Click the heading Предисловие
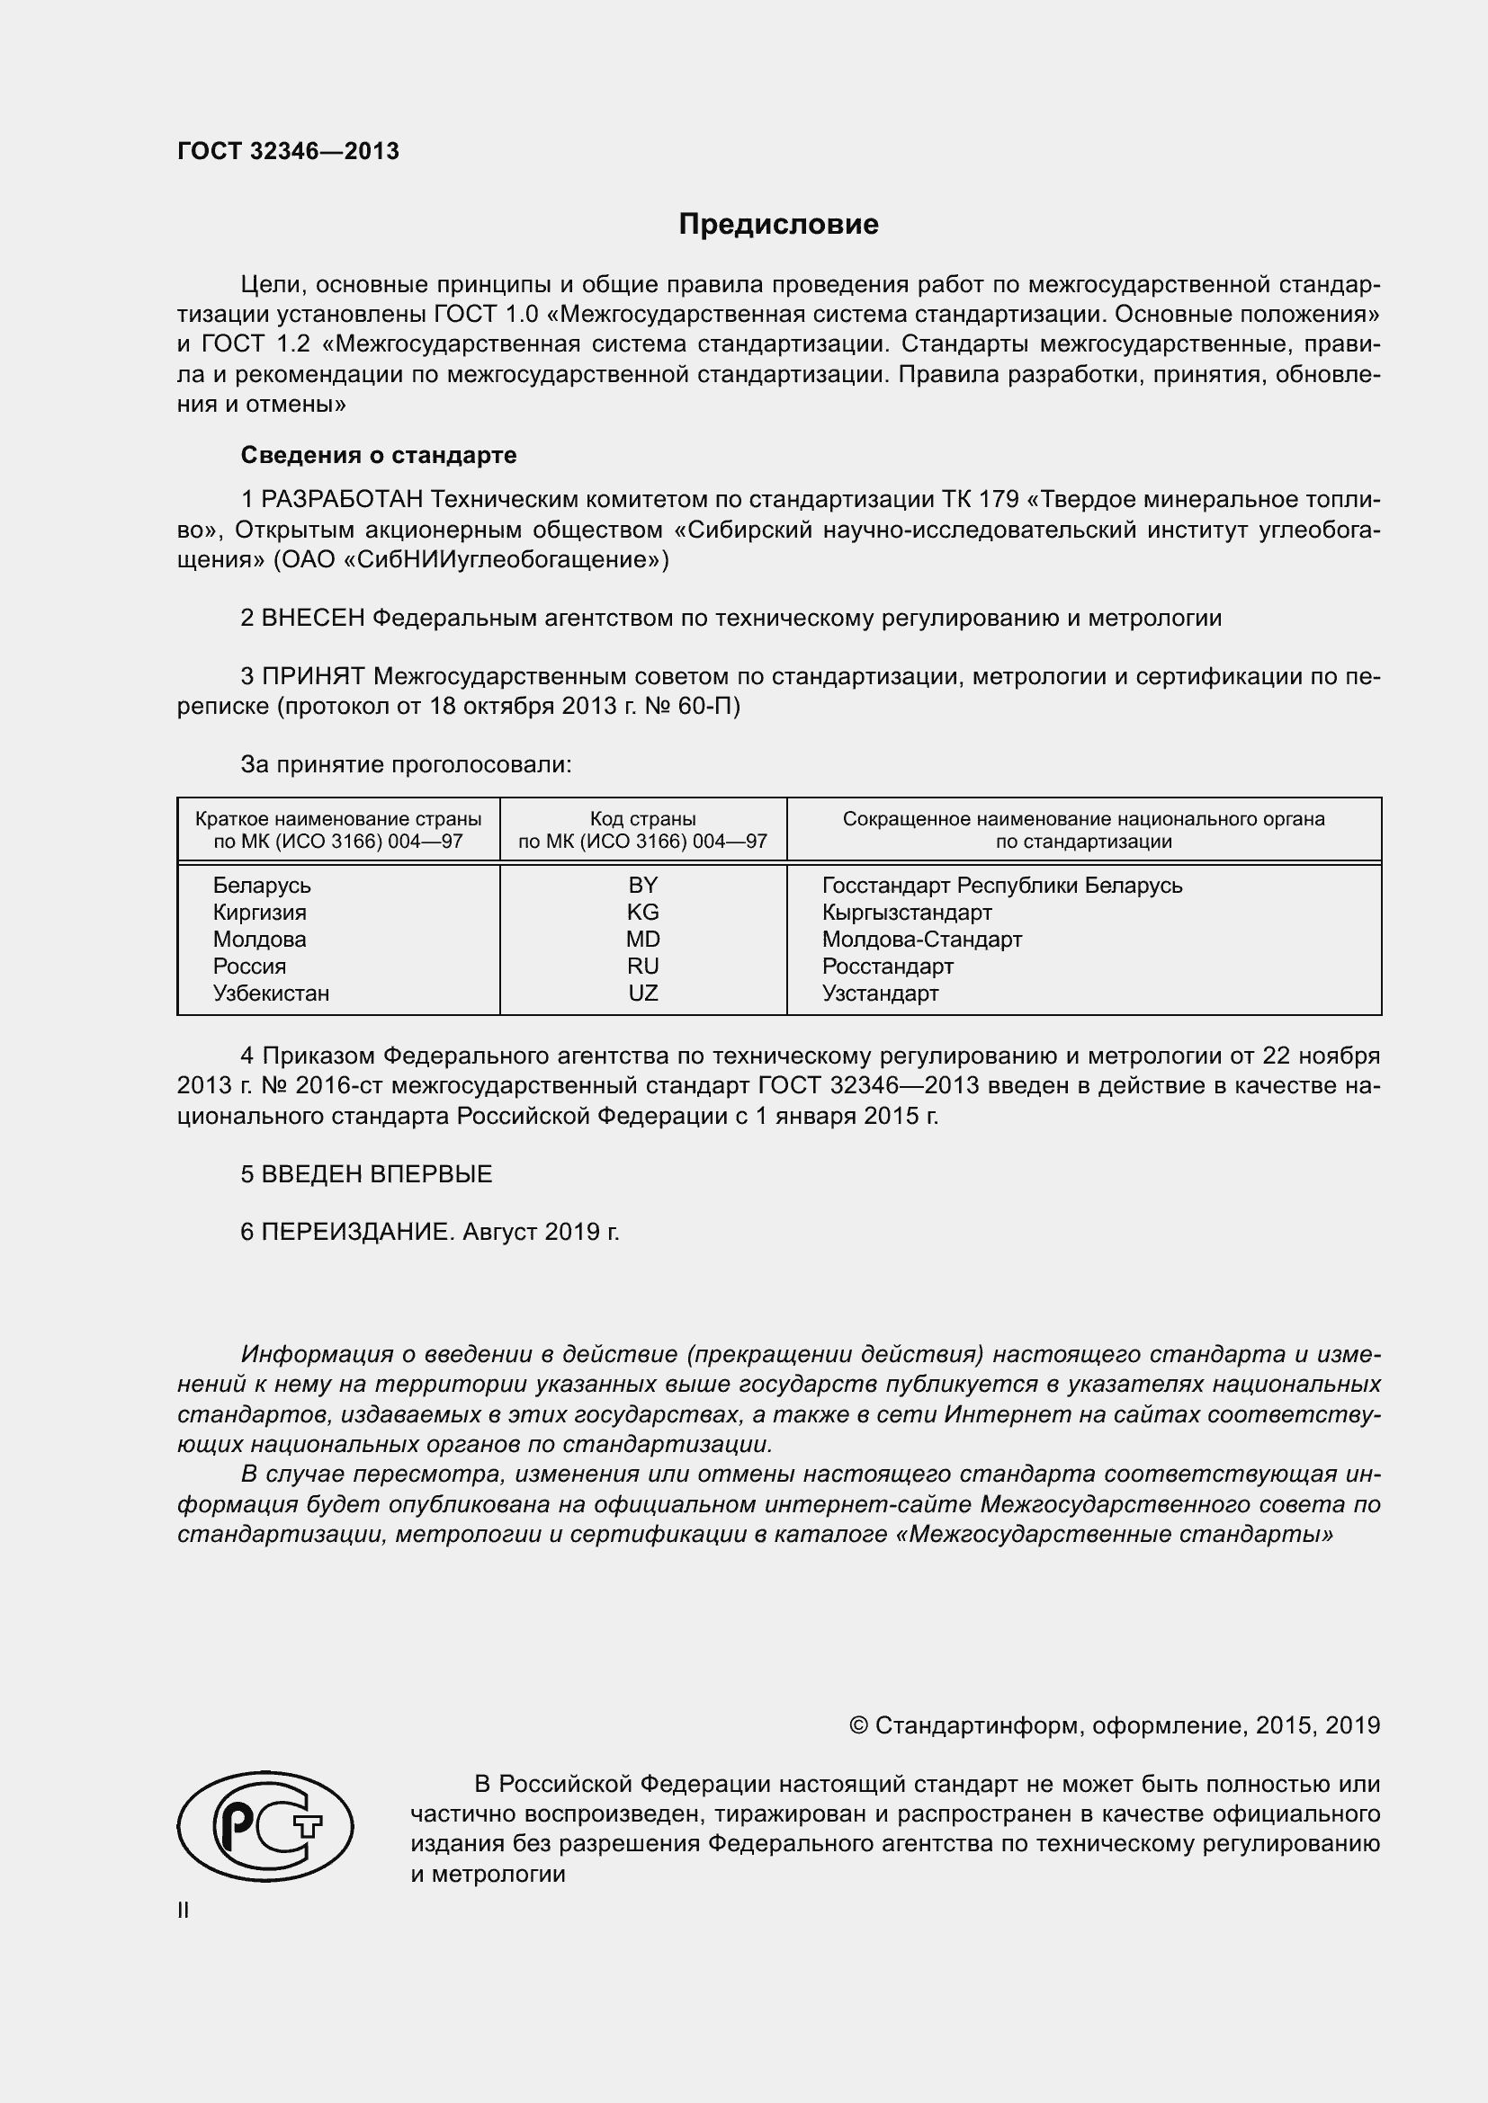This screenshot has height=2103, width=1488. [778, 225]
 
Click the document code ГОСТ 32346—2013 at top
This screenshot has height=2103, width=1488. [288, 152]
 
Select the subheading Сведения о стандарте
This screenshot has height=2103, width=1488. [379, 455]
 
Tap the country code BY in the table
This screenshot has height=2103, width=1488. [643, 886]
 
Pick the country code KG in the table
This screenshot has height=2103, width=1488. [643, 913]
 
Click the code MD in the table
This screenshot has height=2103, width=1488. [643, 940]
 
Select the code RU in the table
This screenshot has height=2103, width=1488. [643, 967]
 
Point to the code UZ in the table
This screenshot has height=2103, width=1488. [643, 994]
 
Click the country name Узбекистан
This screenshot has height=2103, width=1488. [271, 994]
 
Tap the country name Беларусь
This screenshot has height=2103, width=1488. [262, 886]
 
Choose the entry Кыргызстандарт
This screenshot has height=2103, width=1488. [906, 913]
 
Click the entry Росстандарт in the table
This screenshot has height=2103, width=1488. [888, 967]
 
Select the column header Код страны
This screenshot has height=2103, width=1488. [643, 819]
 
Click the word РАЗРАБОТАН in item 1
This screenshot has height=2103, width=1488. [343, 500]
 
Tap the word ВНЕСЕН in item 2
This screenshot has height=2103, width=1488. [312, 619]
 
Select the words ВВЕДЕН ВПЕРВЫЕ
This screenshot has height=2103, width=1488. [377, 1175]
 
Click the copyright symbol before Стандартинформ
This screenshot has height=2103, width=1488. [858, 1726]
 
